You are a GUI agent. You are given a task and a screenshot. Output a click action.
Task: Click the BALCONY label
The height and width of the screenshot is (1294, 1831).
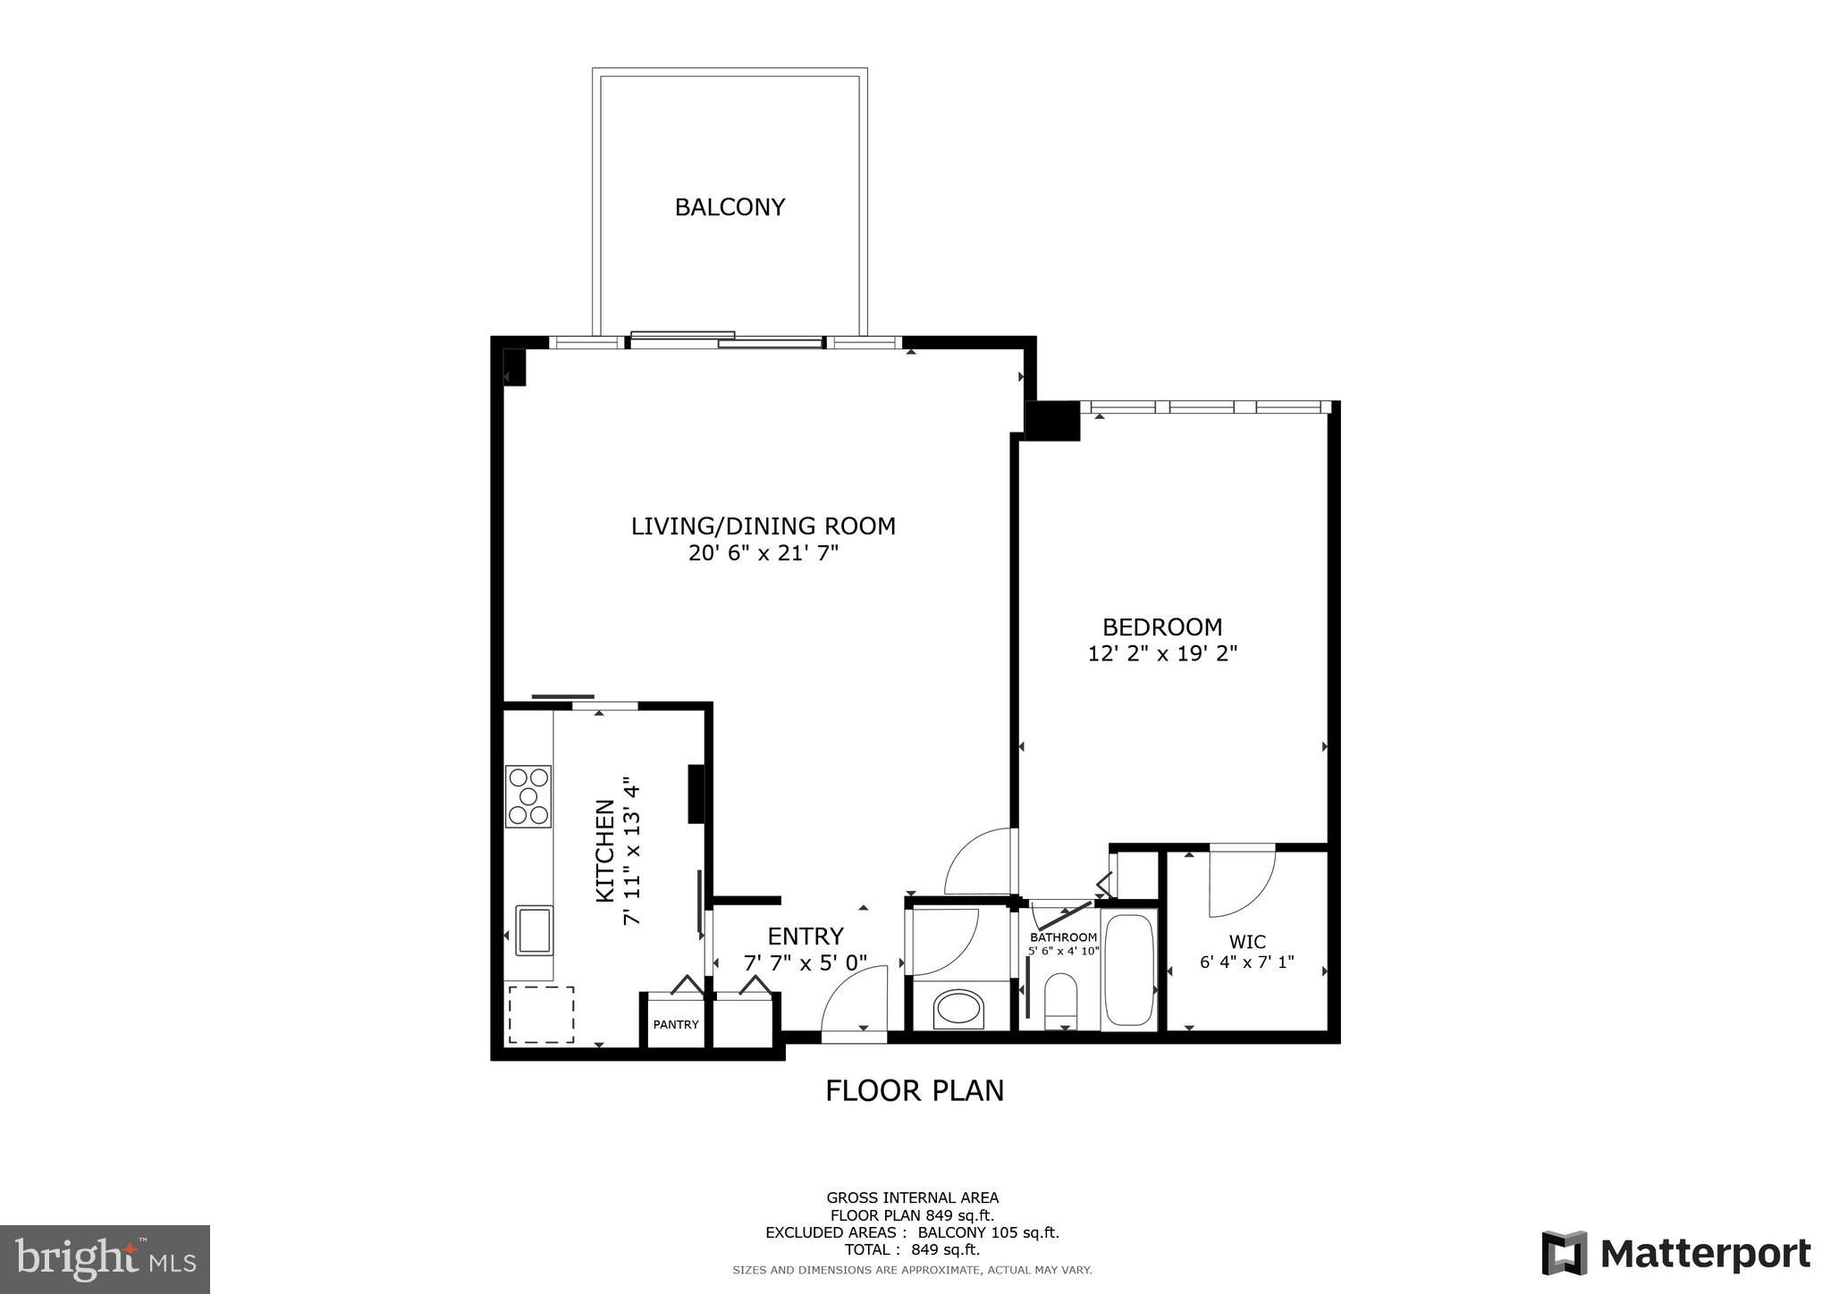(730, 207)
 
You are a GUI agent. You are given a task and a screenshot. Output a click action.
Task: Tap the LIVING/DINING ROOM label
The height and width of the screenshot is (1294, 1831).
(763, 526)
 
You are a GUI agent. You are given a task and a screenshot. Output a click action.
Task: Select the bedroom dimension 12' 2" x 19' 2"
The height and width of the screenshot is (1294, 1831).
(1161, 654)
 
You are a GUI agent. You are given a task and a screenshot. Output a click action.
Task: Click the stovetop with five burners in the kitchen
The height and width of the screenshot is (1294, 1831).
(528, 795)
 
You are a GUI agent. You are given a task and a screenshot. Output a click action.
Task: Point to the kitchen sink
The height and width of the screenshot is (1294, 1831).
(534, 930)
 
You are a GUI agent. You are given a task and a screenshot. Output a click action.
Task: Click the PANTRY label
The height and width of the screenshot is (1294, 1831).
(675, 1024)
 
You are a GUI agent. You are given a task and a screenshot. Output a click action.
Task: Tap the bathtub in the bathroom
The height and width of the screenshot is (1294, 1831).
(1129, 970)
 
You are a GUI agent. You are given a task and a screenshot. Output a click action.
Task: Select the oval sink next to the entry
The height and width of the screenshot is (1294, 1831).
(958, 1010)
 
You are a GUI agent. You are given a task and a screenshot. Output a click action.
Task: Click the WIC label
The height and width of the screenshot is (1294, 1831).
(1246, 941)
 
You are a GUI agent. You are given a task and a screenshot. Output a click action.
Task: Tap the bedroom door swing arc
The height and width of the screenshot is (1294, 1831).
(981, 861)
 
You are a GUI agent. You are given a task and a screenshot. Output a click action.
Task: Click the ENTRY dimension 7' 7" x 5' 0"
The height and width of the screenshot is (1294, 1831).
(805, 963)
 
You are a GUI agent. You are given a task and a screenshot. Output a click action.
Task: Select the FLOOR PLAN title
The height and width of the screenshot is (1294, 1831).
(914, 1090)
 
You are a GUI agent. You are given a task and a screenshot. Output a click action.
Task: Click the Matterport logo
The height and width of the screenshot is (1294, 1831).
(1675, 1253)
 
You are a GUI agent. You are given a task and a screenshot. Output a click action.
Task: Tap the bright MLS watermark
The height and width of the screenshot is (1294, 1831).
(105, 1260)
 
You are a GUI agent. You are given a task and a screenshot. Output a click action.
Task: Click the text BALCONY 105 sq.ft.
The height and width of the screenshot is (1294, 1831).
(988, 1232)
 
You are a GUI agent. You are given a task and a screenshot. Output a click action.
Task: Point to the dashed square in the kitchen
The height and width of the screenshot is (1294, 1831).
(541, 1014)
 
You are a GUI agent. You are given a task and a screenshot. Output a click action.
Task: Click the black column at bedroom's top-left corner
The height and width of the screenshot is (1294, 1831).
(1052, 421)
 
